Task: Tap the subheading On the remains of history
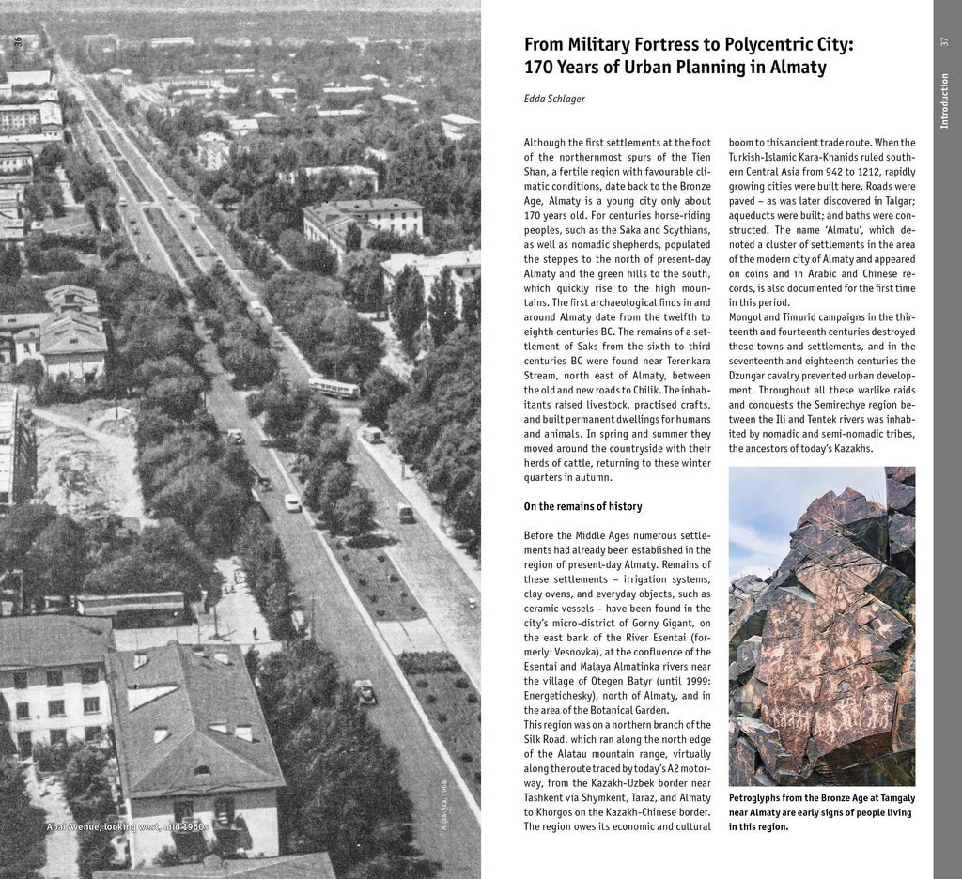[x=582, y=507]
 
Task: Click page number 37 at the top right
[x=944, y=42]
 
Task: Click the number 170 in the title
[x=541, y=68]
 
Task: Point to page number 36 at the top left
[x=18, y=40]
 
